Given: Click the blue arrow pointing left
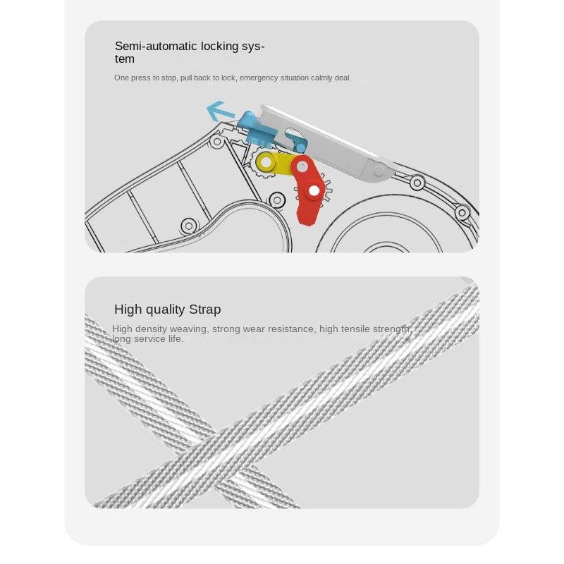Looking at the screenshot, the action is [219, 111].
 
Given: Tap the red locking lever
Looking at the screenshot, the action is [307, 190].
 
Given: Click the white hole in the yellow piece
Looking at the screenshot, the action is [266, 163].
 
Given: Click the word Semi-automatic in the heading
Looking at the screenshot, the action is [157, 46].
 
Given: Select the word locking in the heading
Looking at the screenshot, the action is [220, 47].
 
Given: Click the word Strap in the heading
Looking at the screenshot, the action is [204, 309].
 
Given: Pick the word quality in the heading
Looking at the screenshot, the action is [165, 309].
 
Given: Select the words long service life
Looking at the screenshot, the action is [148, 339].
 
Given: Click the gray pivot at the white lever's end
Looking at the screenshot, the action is [379, 171].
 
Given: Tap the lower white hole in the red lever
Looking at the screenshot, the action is [314, 191].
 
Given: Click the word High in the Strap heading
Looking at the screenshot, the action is [128, 309].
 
